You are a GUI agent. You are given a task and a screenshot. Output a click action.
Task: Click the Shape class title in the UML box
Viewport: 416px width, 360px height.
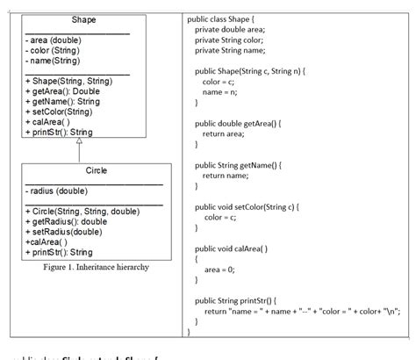84,19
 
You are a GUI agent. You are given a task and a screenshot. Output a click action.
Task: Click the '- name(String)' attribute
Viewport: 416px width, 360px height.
54,61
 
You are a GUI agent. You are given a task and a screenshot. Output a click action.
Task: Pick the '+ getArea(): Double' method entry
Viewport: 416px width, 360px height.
62,92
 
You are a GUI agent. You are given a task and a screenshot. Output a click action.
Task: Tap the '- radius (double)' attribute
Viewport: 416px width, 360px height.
56,191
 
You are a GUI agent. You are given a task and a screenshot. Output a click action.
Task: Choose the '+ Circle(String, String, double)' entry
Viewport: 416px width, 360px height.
82,212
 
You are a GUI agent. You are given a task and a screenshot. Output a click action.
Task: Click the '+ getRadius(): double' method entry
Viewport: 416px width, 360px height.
66,222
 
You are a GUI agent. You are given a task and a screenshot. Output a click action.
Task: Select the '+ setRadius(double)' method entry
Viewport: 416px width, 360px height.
63,233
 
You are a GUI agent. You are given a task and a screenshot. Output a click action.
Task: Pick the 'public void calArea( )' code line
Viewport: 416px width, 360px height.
231,248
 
